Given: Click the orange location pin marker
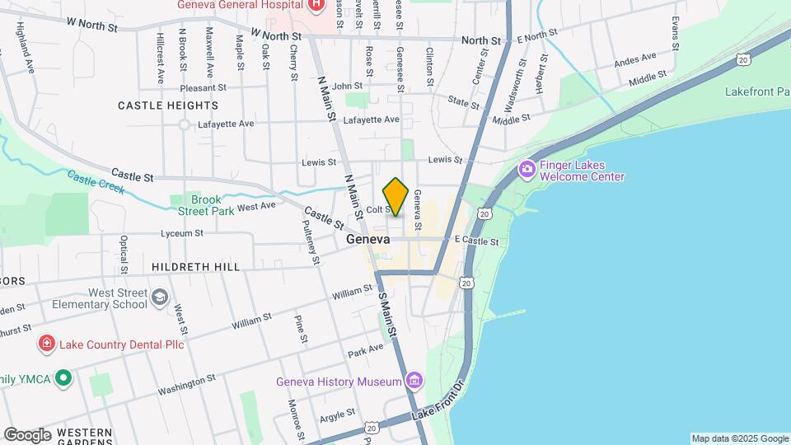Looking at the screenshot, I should coord(395,196).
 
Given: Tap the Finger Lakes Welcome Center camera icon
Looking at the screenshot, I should coord(527,170).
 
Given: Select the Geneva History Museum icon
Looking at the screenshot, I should coord(414,382).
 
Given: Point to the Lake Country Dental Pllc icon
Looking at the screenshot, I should coord(47,344).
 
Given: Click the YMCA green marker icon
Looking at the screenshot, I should coord(63,379).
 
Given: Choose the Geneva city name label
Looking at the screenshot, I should coord(367,239).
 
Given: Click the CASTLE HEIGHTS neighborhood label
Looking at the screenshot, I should coord(168,105).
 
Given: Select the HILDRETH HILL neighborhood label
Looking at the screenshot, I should coord(196,267).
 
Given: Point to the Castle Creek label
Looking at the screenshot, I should coord(96,182).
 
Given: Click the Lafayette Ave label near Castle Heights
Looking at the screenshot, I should coord(227,124).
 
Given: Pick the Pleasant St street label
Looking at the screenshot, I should coord(191,87).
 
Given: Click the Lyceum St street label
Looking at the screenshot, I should coord(181,234).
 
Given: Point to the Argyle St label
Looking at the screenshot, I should coord(338,413).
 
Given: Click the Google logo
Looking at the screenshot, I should coord(28,434).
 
